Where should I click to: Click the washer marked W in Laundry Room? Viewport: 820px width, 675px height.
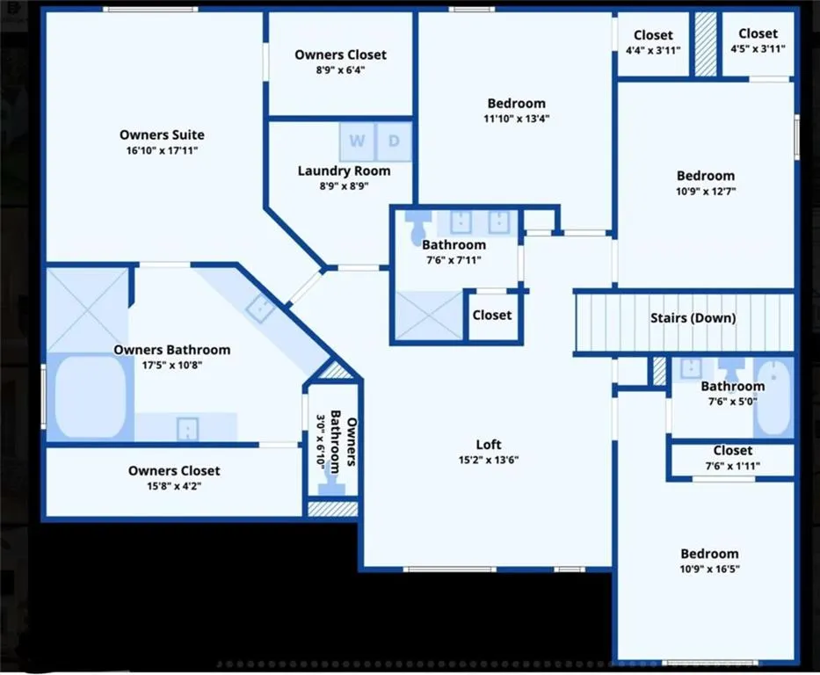click(357, 142)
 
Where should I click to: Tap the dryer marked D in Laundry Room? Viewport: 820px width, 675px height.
click(394, 142)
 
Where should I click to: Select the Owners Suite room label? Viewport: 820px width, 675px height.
click(162, 134)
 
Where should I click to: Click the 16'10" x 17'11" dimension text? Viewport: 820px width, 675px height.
click(162, 150)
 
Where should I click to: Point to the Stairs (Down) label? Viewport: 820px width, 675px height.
click(693, 318)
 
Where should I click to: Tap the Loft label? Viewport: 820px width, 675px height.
click(489, 445)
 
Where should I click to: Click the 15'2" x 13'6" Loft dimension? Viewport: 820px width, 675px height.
click(489, 461)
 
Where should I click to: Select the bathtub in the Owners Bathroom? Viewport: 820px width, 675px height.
click(91, 397)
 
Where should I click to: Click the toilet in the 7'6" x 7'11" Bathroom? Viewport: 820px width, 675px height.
click(417, 228)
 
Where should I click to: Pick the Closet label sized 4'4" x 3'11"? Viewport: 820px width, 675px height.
click(653, 35)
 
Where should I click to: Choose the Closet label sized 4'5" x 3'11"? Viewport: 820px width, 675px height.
click(758, 33)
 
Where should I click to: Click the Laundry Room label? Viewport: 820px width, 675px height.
click(345, 171)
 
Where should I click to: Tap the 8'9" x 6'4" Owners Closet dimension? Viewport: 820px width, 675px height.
click(340, 70)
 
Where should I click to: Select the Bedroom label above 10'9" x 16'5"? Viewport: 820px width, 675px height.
click(709, 554)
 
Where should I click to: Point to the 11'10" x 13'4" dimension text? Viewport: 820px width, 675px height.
click(517, 119)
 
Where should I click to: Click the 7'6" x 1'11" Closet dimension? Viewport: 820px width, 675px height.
click(733, 466)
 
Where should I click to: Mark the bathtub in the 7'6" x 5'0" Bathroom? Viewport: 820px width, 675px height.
click(774, 397)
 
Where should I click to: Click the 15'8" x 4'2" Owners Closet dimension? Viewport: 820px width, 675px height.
click(174, 486)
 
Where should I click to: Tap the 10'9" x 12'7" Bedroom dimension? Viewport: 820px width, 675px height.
click(706, 192)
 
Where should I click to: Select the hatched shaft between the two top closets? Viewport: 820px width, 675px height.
click(706, 44)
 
